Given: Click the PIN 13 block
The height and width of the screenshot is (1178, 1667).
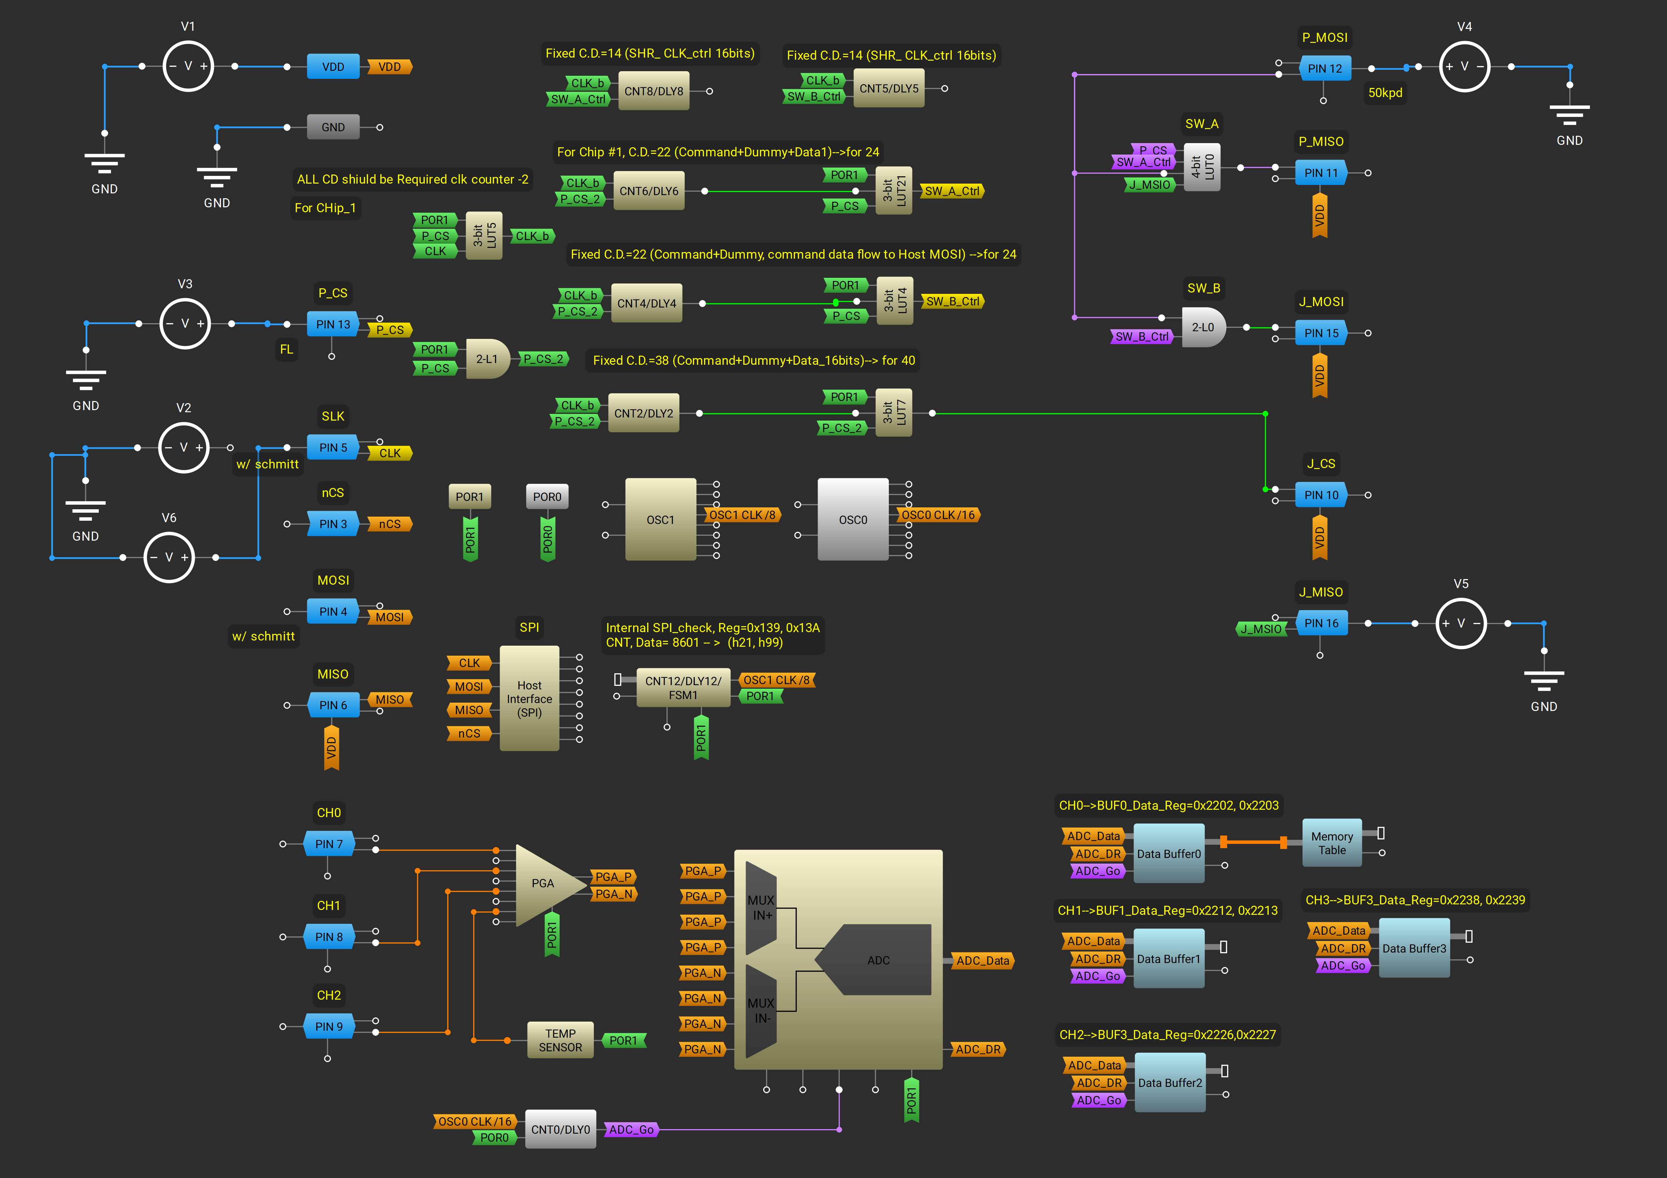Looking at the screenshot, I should [x=333, y=325].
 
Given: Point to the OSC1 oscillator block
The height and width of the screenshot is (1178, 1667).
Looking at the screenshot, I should [x=660, y=520].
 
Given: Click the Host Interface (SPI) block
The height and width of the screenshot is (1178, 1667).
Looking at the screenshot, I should [x=529, y=698].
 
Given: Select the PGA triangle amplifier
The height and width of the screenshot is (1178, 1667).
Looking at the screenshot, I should [x=545, y=884].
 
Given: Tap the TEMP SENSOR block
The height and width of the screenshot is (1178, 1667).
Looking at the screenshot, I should [x=560, y=1040].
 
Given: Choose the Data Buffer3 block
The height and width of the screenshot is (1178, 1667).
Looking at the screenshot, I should [x=1414, y=948].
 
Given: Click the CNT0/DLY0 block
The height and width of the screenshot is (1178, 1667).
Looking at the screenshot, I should [x=560, y=1129].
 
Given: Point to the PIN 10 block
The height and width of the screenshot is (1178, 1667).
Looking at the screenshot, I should [x=1321, y=495].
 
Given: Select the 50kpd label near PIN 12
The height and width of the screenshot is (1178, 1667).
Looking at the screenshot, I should [x=1385, y=93].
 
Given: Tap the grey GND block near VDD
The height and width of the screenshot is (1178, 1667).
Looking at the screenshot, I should [x=333, y=127].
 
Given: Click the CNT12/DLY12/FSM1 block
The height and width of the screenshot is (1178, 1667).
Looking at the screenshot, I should [x=683, y=687].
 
